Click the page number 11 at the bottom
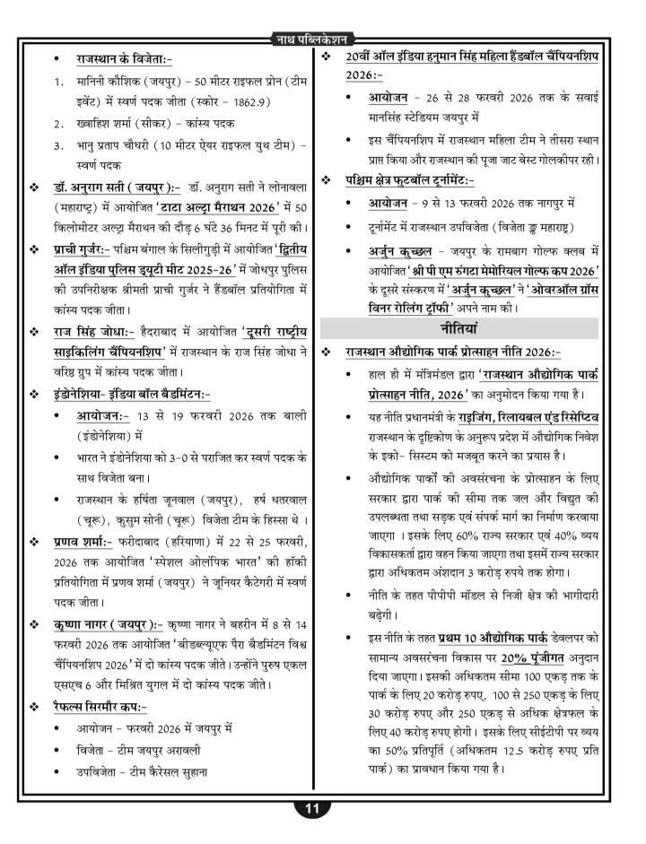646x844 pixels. pos(312,808)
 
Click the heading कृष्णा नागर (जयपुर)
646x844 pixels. pos(108,623)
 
